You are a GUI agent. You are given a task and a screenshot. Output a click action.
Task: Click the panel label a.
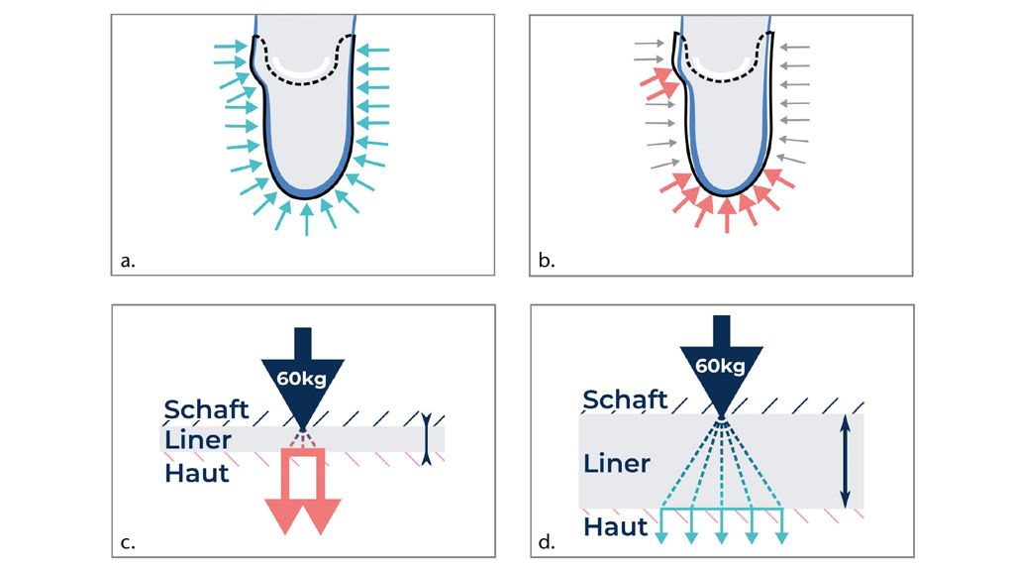point(126,262)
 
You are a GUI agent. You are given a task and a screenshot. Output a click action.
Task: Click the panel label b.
point(546,262)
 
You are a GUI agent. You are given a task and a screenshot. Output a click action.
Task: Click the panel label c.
point(126,542)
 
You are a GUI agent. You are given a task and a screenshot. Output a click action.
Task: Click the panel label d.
point(546,542)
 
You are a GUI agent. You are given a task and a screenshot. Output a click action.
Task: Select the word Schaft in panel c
point(205,409)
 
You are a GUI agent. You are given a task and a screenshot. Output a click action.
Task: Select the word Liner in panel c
point(197,440)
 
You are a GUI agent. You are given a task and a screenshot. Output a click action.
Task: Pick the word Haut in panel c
point(196,472)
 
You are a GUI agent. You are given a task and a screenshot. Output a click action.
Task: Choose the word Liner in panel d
point(616,463)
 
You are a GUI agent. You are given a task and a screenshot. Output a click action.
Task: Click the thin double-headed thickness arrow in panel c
point(425,438)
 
